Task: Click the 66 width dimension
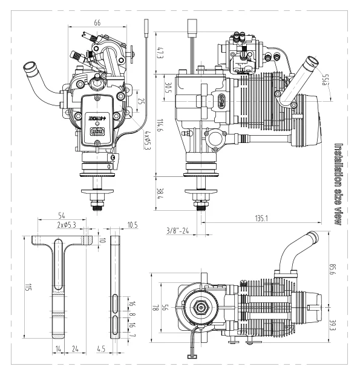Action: point(97,22)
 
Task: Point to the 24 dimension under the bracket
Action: point(76,349)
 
